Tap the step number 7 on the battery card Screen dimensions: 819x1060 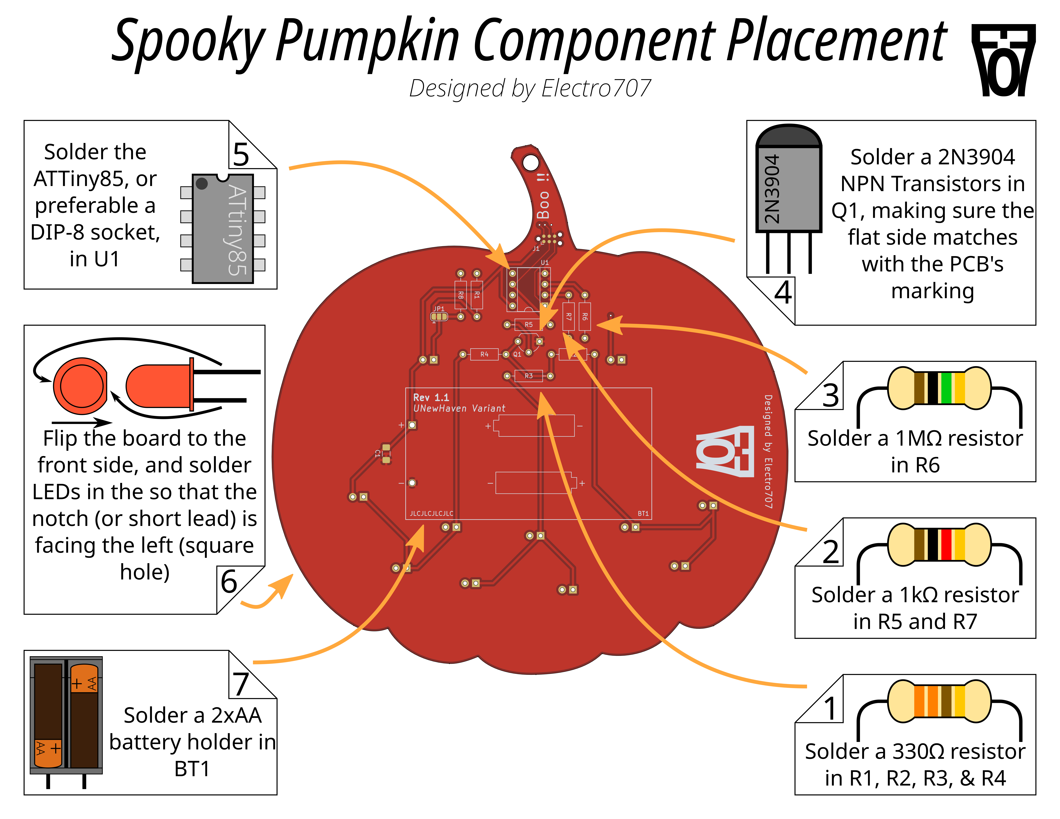pyautogui.click(x=241, y=684)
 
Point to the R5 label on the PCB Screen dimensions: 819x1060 pyautogui.click(x=529, y=325)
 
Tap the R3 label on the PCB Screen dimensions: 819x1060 pyautogui.click(x=529, y=376)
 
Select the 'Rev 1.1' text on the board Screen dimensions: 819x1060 pyautogui.click(x=431, y=397)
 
